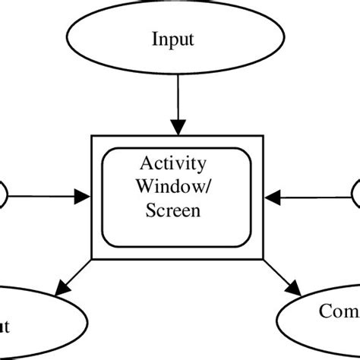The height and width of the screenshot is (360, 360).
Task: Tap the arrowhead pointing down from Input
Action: pos(179,127)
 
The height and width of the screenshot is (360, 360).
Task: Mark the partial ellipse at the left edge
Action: pos(3,194)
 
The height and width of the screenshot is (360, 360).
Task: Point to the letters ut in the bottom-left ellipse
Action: pos(5,327)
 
